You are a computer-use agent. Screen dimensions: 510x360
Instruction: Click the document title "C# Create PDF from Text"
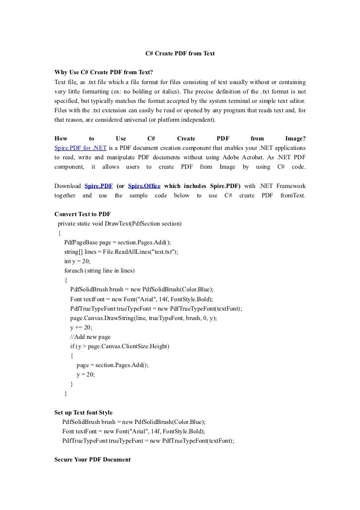tap(180, 52)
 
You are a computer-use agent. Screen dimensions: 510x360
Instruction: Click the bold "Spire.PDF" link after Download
tap(98, 186)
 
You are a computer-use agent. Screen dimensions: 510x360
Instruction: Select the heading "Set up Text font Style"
tap(83, 412)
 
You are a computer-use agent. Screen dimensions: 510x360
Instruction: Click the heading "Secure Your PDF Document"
tap(92, 460)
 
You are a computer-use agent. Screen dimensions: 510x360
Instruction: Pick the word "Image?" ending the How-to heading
tap(295, 139)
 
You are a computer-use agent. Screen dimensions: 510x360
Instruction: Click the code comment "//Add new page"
tap(94, 336)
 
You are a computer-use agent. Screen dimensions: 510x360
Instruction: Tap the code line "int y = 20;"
tap(77, 261)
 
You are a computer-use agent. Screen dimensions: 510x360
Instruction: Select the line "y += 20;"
tap(81, 327)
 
